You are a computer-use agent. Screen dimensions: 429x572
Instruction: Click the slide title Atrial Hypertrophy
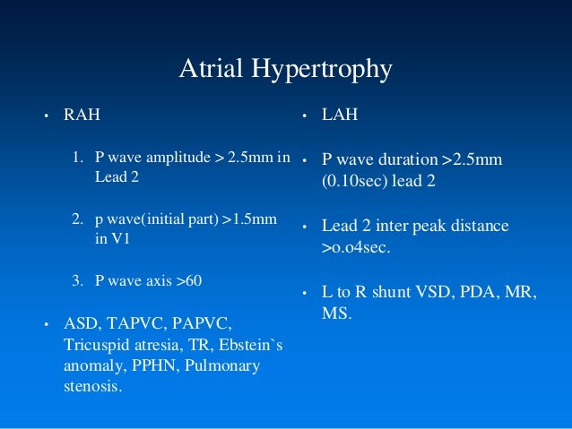click(x=285, y=69)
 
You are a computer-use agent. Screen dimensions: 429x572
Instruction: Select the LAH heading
click(x=338, y=115)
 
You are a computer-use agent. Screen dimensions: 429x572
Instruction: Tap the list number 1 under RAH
click(x=77, y=159)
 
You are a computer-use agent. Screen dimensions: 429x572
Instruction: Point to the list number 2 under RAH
click(x=77, y=219)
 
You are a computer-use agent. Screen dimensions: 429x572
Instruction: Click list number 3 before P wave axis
click(x=77, y=281)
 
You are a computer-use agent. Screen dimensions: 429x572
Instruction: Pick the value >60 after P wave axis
click(x=188, y=281)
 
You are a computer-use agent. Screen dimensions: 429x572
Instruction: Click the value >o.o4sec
click(x=356, y=246)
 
